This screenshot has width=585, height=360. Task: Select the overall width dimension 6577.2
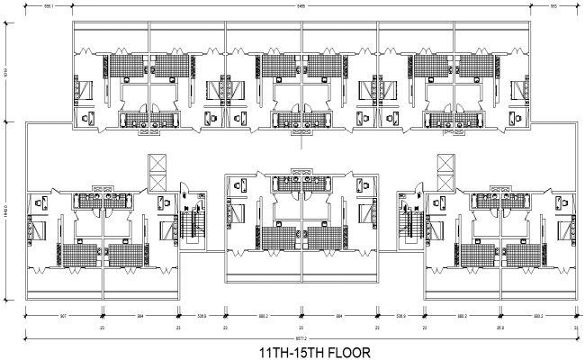point(300,337)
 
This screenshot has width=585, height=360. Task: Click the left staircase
point(191,225)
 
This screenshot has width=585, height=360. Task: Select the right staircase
point(414,225)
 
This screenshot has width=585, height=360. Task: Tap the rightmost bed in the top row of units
point(519,90)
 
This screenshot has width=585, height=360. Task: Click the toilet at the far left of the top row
point(87,117)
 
